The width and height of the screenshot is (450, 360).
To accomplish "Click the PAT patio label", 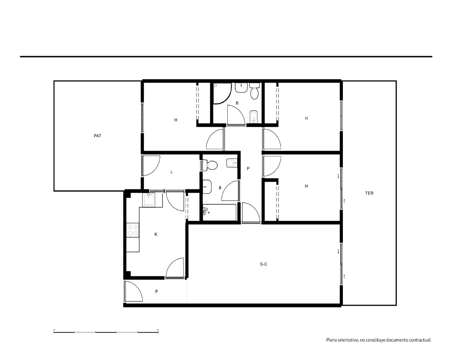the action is [x=98, y=136].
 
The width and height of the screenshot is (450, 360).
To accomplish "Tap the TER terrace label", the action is [x=369, y=193].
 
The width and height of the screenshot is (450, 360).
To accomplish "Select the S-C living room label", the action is [x=263, y=264].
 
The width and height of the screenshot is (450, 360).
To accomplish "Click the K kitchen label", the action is [x=156, y=234].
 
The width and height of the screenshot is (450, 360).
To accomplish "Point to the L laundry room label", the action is [x=171, y=172].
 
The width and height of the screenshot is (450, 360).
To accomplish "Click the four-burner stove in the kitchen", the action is [x=133, y=230].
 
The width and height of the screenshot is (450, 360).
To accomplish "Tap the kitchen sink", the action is [x=148, y=199].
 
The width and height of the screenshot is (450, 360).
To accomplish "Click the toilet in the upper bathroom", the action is [x=255, y=91].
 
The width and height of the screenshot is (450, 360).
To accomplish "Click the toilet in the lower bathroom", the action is [x=210, y=165].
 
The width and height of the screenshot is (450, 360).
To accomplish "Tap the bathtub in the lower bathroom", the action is [x=220, y=212].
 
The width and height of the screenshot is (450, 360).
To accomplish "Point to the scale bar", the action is [x=106, y=332].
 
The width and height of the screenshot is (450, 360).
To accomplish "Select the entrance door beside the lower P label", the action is [x=134, y=291].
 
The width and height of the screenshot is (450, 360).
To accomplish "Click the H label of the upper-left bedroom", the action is [x=175, y=120].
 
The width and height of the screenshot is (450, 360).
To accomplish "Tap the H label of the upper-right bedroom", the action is [x=306, y=118].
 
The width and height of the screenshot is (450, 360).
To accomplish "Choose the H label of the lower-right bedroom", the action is [x=306, y=186].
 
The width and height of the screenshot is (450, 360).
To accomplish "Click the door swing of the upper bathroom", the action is [x=236, y=115].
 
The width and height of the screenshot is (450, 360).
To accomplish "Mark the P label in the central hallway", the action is [x=248, y=168].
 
